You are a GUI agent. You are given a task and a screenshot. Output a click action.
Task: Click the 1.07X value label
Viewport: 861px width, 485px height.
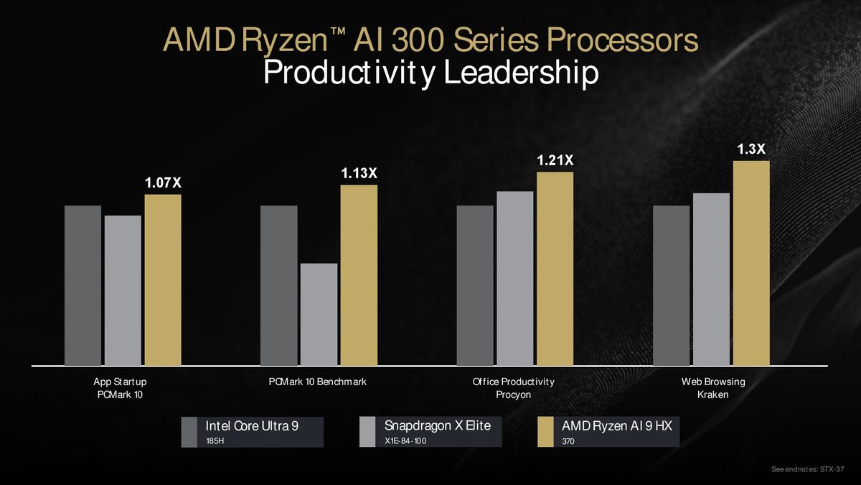(163, 183)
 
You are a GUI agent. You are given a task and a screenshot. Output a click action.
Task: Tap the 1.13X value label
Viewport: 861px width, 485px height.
(358, 173)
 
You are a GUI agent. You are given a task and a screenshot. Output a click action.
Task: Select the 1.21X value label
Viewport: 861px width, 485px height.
(555, 161)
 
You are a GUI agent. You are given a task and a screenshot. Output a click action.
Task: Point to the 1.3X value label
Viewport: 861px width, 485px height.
(751, 149)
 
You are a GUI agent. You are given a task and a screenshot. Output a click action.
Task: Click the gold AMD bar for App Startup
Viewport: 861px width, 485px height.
(163, 280)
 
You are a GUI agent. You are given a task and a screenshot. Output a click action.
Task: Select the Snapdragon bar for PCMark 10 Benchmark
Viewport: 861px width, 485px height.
(319, 315)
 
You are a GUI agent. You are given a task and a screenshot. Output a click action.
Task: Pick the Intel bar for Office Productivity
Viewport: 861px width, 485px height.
(475, 286)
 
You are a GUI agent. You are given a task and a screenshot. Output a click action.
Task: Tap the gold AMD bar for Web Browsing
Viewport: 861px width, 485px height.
(751, 263)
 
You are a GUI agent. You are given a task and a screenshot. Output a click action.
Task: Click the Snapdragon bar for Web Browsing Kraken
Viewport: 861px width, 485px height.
(711, 280)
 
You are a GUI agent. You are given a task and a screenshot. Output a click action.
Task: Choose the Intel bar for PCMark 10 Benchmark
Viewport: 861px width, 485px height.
(278, 286)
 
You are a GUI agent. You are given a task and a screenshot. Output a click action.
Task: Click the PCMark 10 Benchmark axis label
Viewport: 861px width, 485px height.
(318, 382)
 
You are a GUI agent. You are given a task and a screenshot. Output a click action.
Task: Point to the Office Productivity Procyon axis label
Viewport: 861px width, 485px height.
(513, 388)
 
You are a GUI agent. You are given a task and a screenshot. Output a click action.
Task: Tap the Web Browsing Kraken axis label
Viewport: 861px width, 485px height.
(712, 388)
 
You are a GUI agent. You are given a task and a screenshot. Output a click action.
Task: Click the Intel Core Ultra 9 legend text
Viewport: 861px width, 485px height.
(252, 425)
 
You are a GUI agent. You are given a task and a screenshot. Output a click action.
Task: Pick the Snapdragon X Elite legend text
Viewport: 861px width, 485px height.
(437, 425)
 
